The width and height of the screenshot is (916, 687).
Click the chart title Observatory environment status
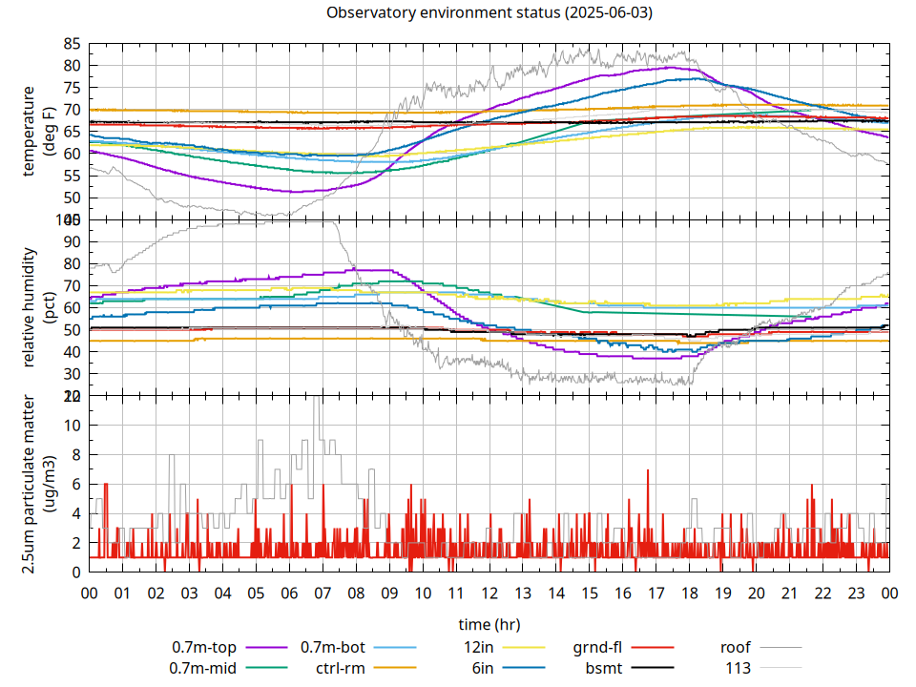pyautogui.click(x=489, y=12)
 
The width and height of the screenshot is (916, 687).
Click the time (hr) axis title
pyautogui.click(x=489, y=625)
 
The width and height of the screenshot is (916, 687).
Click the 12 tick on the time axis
pyautogui.click(x=489, y=593)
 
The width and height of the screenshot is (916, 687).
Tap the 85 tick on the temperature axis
pyautogui.click(x=72, y=44)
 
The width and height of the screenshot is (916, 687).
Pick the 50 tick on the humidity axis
pyautogui.click(x=72, y=329)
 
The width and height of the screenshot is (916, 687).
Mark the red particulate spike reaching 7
pyautogui.click(x=648, y=471)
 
